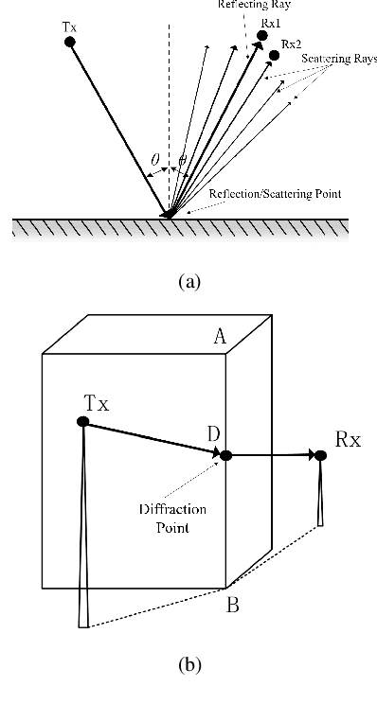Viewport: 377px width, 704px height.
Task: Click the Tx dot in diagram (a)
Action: click(69, 43)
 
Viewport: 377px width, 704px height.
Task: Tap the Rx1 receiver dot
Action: click(262, 35)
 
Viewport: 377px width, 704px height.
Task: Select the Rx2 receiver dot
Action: click(275, 55)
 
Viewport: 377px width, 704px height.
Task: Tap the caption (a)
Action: click(188, 281)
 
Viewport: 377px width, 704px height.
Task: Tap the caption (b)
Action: click(188, 664)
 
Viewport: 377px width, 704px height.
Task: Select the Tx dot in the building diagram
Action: click(83, 422)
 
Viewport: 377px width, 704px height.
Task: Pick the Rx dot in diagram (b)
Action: click(321, 456)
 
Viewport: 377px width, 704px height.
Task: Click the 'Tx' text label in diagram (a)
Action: click(69, 27)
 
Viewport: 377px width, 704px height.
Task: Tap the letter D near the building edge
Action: click(215, 433)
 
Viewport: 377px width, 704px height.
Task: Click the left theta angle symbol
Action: click(155, 161)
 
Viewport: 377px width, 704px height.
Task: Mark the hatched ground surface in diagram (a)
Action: click(180, 229)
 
